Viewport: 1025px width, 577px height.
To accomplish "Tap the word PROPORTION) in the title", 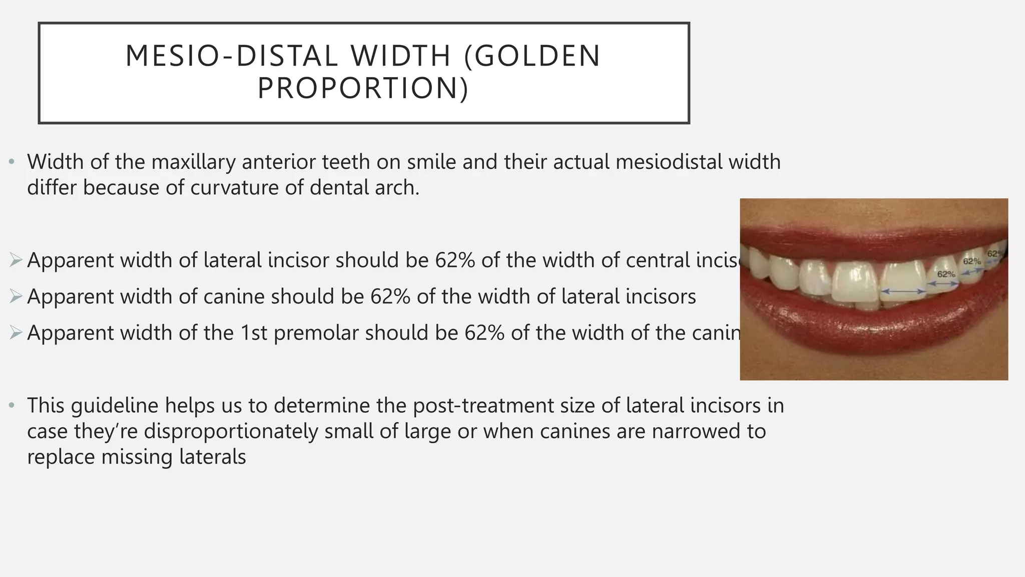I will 363,88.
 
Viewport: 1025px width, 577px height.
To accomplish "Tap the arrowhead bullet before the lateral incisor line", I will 16,260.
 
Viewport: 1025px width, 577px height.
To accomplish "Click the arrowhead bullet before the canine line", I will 16,296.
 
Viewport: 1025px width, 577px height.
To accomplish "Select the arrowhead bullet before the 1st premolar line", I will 16,332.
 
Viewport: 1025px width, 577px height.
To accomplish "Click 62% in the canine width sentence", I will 390,297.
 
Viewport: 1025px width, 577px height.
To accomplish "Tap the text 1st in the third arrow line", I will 254,333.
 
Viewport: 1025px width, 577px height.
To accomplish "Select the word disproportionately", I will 231,431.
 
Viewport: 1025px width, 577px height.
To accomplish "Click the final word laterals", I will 212,457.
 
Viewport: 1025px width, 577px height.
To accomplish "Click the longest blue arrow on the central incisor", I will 903,291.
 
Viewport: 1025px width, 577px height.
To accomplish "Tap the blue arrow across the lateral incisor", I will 943,284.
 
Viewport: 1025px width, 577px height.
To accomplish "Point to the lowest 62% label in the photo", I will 946,274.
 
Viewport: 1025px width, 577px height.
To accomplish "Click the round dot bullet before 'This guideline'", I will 12,405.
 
